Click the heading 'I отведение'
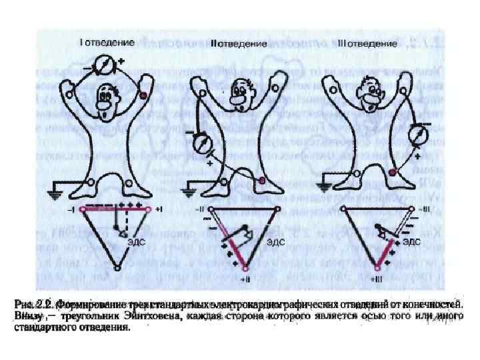(107, 42)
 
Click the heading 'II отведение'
(239, 43)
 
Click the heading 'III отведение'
(368, 43)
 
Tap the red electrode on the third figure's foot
(393, 173)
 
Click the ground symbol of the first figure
(54, 194)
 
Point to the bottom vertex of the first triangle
(117, 267)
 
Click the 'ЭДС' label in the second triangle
(277, 243)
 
